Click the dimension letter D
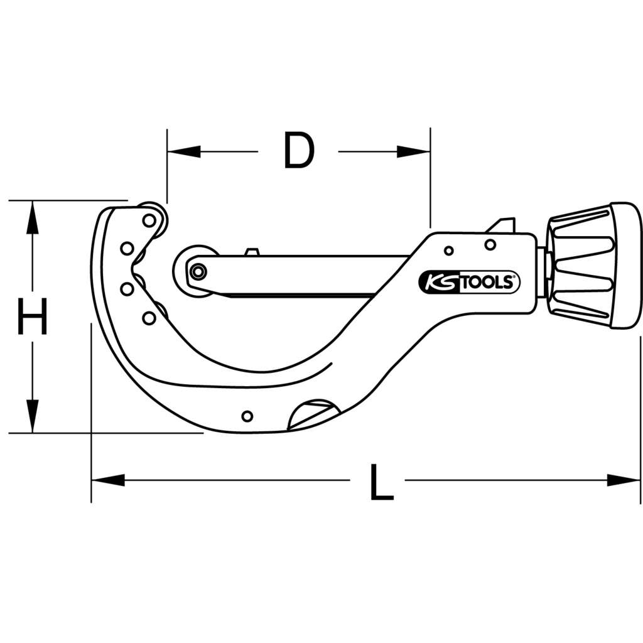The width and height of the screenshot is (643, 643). coord(298,151)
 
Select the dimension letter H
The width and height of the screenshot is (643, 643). coord(31,316)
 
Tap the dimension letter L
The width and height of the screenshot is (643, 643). coord(381,482)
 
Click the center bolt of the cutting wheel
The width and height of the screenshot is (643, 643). coord(198,272)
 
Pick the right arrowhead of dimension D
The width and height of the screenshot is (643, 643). coord(414,151)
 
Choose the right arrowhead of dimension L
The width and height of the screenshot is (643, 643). coord(624,480)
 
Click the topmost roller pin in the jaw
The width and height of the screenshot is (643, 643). coord(149,220)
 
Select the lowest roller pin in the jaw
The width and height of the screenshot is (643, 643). coord(149,318)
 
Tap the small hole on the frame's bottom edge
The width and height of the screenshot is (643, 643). coord(247,416)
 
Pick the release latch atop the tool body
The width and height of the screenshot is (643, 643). coord(502,225)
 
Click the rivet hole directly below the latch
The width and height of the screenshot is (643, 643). coord(490,244)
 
